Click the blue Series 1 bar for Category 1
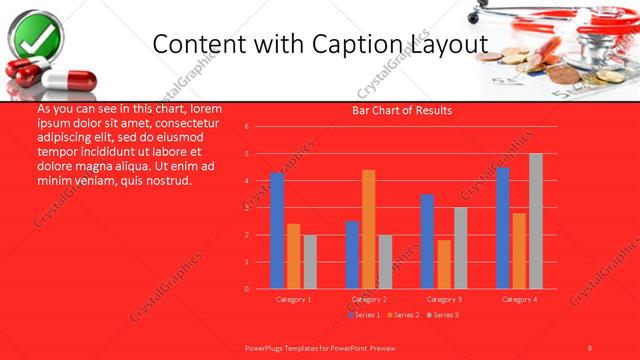click(x=277, y=231)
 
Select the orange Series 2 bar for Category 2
click(x=369, y=229)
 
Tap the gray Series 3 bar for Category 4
click(x=535, y=221)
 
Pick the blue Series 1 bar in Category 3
click(x=428, y=241)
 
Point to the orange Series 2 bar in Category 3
click(x=444, y=264)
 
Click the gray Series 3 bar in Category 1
click(x=310, y=262)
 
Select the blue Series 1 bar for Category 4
click(x=503, y=228)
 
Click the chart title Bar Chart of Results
click(x=402, y=110)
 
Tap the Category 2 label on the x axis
click(x=369, y=299)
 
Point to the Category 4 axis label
click(x=519, y=299)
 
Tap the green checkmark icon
click(x=34, y=36)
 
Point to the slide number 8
click(x=589, y=347)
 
